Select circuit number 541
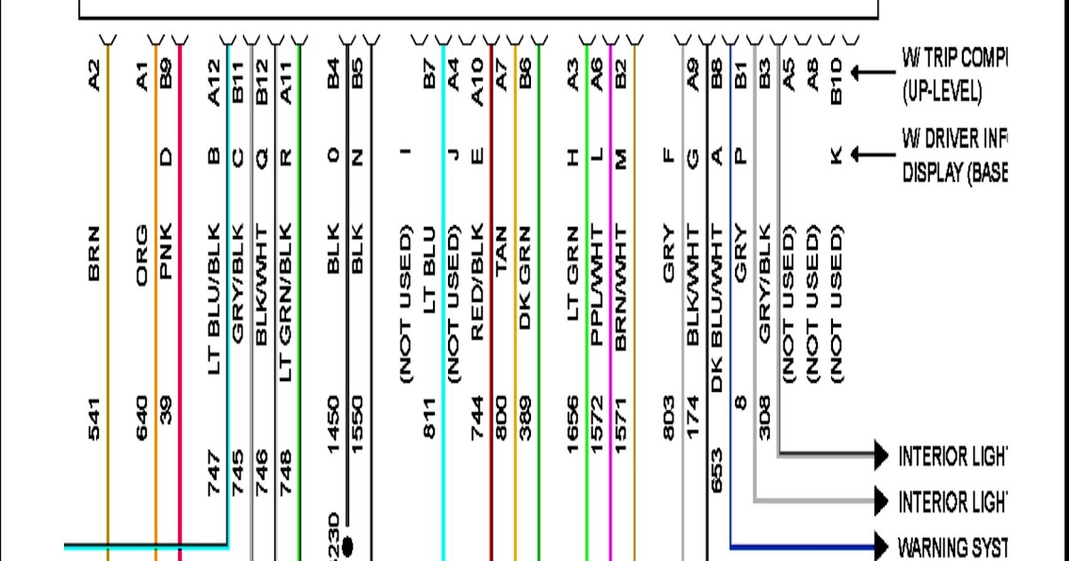[x=95, y=419]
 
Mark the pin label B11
[x=238, y=80]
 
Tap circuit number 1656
[x=573, y=423]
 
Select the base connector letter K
[x=835, y=156]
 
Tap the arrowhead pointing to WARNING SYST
[x=882, y=544]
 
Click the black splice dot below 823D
[x=347, y=543]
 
